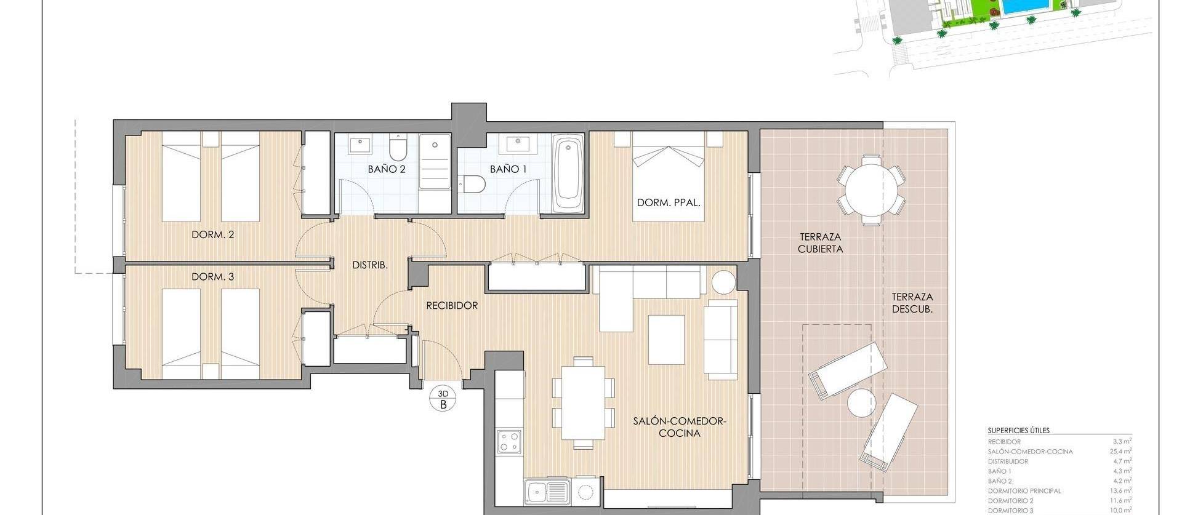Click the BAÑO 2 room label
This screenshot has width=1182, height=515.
[x=387, y=169]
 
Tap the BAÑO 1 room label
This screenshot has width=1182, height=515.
[x=509, y=169]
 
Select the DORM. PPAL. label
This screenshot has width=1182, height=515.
[x=669, y=202]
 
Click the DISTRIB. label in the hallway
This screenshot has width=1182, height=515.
[x=369, y=265]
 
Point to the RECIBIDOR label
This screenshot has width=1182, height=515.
[x=452, y=305]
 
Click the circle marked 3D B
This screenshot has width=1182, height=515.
[x=443, y=399]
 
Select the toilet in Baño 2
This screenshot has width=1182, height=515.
[x=398, y=150]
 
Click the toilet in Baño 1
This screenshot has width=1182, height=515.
[x=473, y=183]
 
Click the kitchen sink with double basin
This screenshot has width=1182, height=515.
[x=547, y=492]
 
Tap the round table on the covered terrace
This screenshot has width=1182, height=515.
[x=870, y=190]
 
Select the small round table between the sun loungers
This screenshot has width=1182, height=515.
[x=861, y=404]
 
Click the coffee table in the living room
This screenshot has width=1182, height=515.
[x=666, y=340]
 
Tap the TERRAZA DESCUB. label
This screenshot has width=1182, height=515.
[x=912, y=303]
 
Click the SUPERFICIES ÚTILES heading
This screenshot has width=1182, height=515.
[x=1018, y=431]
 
